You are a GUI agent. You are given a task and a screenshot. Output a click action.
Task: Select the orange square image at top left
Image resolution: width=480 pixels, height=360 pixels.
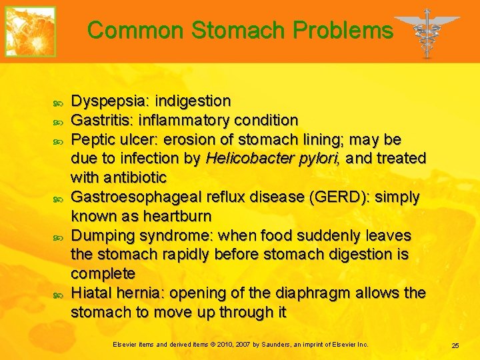[31, 31]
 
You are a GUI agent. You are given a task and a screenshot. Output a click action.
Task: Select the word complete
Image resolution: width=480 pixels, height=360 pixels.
[103, 274]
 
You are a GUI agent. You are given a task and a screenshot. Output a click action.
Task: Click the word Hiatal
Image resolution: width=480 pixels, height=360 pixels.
[90, 293]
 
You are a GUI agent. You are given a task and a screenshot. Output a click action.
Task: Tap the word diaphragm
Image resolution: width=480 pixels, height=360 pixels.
[314, 293]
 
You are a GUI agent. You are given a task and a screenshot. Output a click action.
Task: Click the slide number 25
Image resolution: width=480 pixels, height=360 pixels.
[455, 345]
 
